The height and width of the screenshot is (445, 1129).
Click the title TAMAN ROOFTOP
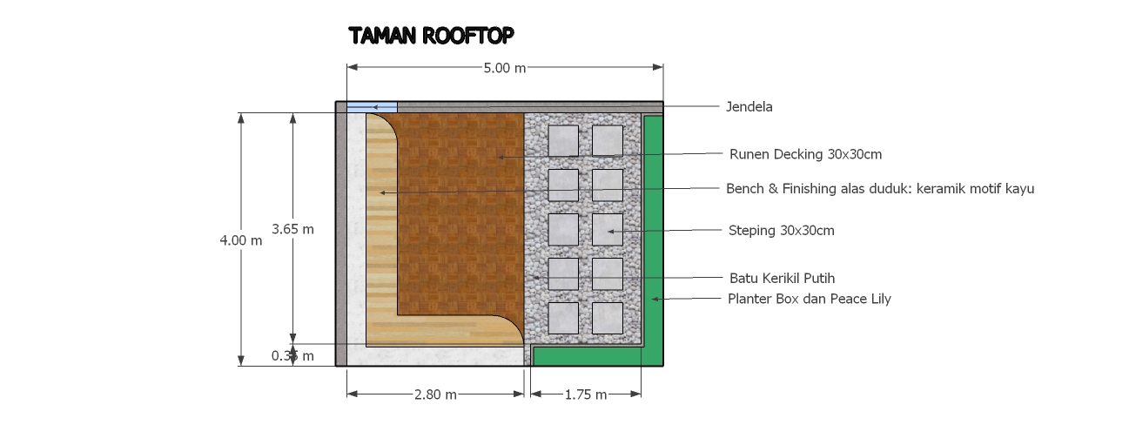coord(431,36)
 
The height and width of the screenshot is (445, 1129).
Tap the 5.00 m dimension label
coord(505,68)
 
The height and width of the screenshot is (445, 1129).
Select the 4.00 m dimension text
coord(241,240)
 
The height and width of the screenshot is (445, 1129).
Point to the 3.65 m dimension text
coord(292,229)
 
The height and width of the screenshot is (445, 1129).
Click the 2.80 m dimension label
coord(435,394)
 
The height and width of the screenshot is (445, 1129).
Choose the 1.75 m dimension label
coord(586,394)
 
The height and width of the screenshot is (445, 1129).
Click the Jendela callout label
coord(749,107)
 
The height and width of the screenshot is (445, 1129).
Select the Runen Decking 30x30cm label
coord(805,154)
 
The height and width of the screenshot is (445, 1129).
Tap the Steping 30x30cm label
coord(781,230)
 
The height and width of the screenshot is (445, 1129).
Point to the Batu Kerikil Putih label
coord(783,278)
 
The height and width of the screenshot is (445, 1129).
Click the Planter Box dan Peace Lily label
coord(810,299)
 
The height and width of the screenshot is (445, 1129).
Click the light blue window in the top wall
coord(372,107)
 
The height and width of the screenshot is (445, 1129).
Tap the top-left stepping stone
coord(563,140)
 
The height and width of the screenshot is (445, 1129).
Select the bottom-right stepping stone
coord(608,318)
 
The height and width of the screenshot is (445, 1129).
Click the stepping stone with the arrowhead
coord(608,230)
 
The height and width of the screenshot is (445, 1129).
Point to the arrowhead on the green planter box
coord(655,299)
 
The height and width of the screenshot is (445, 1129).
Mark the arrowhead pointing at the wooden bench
coord(383,192)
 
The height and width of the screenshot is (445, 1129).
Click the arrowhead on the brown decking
coord(501,158)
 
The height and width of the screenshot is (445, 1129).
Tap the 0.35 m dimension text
coord(292,356)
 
